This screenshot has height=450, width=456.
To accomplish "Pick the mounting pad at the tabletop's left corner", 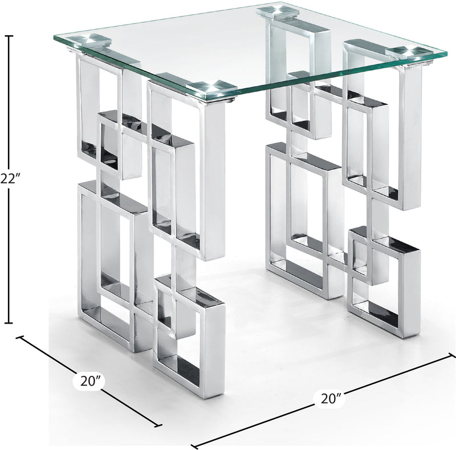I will coord(91,40).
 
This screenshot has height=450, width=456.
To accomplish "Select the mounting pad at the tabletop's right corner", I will coord(407,52).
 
